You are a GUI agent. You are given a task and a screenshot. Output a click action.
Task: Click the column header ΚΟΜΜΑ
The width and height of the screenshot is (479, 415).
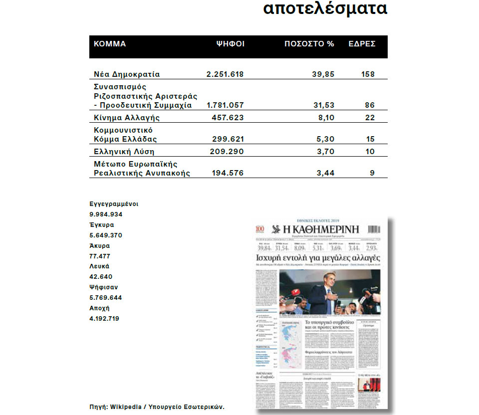click(x=110, y=44)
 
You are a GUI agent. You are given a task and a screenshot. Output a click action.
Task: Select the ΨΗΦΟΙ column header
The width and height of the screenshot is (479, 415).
click(x=230, y=44)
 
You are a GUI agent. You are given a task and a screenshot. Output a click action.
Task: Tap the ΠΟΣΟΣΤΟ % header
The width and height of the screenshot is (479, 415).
click(x=309, y=44)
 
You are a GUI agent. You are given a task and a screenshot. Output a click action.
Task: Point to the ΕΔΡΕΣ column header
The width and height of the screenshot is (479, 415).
click(x=362, y=44)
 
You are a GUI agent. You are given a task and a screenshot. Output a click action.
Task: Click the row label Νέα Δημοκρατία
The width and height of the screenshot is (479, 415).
click(x=127, y=74)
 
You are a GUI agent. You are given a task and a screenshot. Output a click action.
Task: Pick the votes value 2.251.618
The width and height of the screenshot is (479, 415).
click(x=225, y=74)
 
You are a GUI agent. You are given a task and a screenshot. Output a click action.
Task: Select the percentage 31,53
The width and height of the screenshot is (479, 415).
click(x=323, y=105)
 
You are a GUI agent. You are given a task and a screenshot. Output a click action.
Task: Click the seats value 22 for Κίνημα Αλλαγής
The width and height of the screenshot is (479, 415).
click(x=369, y=118)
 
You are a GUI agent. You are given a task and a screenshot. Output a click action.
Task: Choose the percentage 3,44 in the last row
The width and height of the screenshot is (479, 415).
click(x=325, y=173)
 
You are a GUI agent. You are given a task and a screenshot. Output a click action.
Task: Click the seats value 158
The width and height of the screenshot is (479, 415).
click(x=367, y=74)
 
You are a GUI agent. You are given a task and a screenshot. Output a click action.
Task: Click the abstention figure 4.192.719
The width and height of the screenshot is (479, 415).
click(x=104, y=318)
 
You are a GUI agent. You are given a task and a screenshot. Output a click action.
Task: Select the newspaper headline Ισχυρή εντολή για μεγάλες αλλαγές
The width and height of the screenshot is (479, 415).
click(x=318, y=258)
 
